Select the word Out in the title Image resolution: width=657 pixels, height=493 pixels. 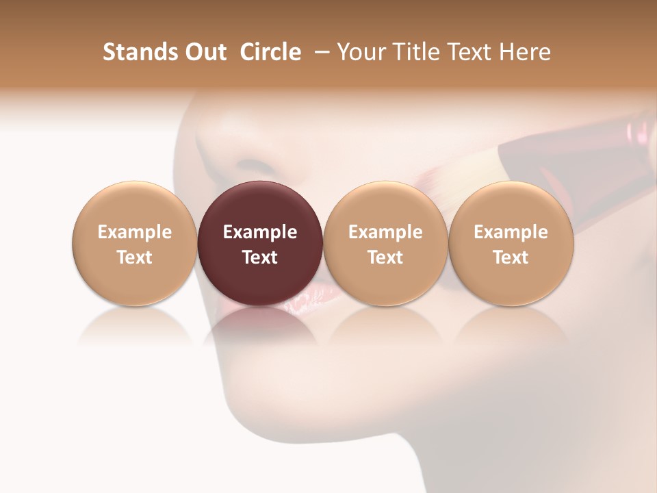[204, 52]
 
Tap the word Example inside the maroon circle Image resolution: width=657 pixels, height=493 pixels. [260, 232]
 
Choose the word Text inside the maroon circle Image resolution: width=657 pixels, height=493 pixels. [260, 257]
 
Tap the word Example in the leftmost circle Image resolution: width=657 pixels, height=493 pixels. [135, 232]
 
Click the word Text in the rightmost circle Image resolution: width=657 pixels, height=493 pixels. [511, 257]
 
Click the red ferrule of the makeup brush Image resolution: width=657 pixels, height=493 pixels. [547, 147]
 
